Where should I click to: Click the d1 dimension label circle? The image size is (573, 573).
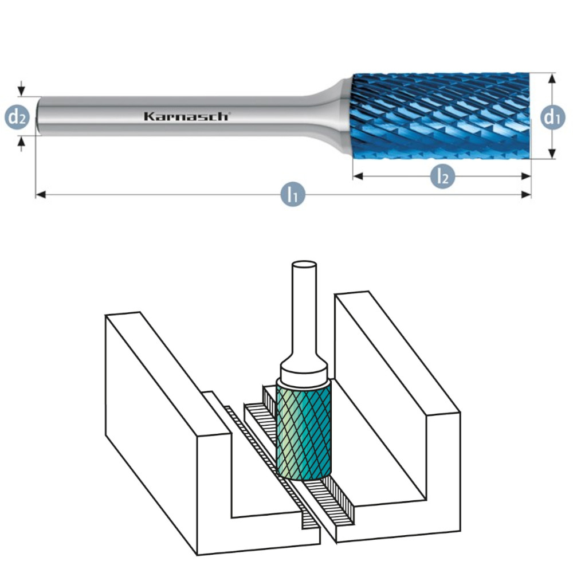point(551,117)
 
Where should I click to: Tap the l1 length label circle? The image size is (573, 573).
point(292,196)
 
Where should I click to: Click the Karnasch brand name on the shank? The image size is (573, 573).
point(186,116)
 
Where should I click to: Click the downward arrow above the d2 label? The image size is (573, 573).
point(22,91)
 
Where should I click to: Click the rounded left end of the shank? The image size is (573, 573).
point(38,116)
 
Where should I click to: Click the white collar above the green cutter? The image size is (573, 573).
point(304,375)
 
